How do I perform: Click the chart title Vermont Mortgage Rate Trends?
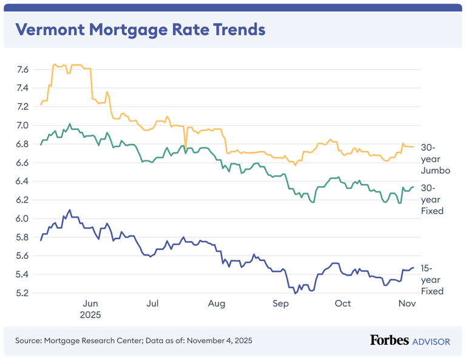[140, 30]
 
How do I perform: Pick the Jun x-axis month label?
[90, 304]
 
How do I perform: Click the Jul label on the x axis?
[153, 304]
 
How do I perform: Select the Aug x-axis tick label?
[216, 304]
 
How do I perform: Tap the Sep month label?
[280, 304]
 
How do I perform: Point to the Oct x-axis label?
[343, 304]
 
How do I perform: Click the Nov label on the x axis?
[406, 304]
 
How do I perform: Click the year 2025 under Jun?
[90, 315]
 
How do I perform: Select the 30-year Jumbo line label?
[435, 159]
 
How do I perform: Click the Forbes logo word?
[389, 341]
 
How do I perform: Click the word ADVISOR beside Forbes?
[431, 342]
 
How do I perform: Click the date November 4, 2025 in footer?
[219, 341]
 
